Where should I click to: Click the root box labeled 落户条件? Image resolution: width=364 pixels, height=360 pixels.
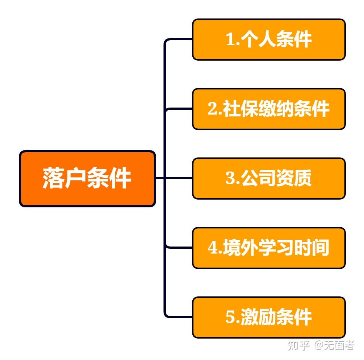click(x=87, y=179)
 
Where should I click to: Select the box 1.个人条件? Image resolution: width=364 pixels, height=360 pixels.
click(x=269, y=40)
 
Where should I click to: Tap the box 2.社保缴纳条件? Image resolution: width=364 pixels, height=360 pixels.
click(x=269, y=109)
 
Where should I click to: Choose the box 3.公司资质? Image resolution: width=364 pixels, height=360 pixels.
click(x=269, y=178)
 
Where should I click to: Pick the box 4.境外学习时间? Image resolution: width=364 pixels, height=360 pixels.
click(x=269, y=248)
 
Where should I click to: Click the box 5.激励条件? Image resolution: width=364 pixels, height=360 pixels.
click(x=269, y=317)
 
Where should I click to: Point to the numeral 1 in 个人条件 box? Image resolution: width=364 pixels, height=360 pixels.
click(x=230, y=39)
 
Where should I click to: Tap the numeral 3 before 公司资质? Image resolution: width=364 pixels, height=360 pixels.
click(x=230, y=178)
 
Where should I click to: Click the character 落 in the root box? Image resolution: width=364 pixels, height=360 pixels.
click(x=53, y=178)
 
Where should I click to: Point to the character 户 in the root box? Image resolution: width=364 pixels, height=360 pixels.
click(x=75, y=178)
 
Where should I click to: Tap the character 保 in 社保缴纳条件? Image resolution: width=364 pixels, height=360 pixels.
click(x=250, y=109)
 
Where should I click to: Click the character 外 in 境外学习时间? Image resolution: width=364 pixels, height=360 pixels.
click(x=250, y=248)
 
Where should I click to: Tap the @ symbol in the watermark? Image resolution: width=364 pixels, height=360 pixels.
click(x=319, y=345)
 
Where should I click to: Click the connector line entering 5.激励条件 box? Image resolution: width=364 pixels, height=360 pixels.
click(x=178, y=317)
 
